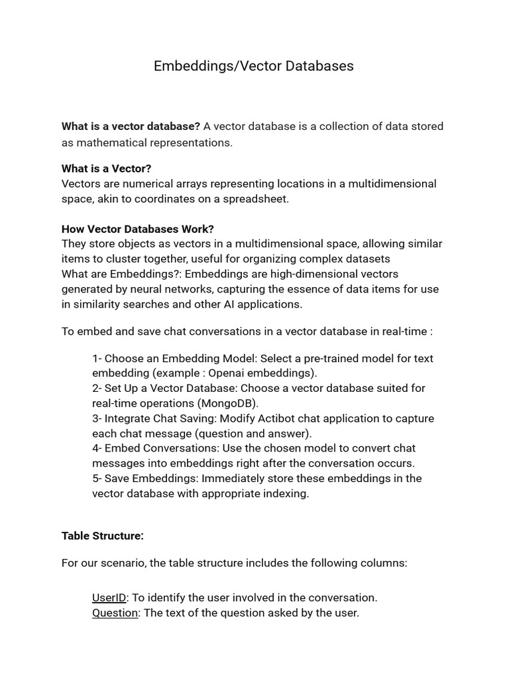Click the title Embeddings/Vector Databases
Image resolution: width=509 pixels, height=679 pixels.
tap(254, 66)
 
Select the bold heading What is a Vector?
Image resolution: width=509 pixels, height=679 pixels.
tap(106, 168)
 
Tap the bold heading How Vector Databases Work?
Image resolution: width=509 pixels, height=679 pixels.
tap(138, 229)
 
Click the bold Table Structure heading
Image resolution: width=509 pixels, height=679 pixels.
tap(103, 535)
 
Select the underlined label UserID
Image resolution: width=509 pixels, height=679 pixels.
tap(109, 597)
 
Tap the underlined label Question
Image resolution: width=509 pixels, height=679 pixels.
tap(115, 613)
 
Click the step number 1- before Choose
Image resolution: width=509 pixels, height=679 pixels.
tap(97, 358)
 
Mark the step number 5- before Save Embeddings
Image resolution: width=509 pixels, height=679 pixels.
tap(97, 478)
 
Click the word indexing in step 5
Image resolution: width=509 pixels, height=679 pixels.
tap(286, 493)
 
